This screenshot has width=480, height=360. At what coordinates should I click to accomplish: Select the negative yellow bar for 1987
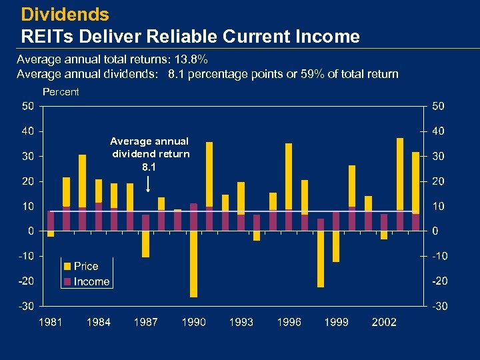coord(146,244)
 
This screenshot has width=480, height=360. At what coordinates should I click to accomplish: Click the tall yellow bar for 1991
coord(209,173)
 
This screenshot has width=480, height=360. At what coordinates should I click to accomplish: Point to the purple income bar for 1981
coord(51,221)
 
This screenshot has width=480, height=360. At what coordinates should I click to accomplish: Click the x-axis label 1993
coord(241,322)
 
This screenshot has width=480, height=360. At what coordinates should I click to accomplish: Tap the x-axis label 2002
coord(384,322)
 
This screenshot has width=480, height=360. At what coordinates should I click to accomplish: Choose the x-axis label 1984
coord(98,322)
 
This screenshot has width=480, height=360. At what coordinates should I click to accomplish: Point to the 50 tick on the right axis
coord(441,107)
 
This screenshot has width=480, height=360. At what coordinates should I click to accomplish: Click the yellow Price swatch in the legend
coord(67,267)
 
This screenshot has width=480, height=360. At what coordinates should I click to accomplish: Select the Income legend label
coord(91,281)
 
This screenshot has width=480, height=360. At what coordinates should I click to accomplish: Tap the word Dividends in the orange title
coord(65,14)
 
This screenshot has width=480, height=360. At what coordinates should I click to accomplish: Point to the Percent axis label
coord(61,92)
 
